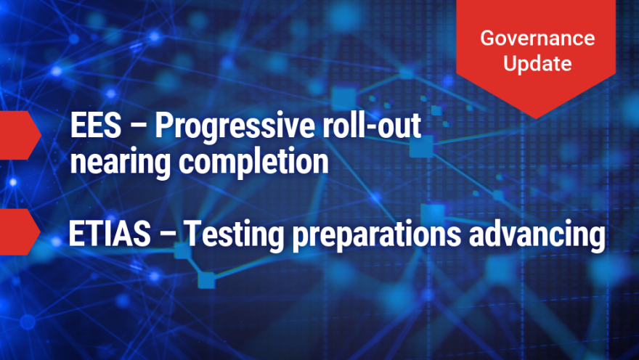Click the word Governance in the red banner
pyautogui.click(x=537, y=38)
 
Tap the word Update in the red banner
pyautogui.click(x=537, y=64)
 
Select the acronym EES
pyautogui.click(x=96, y=126)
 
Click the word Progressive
pyautogui.click(x=234, y=128)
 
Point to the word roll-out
pyautogui.click(x=372, y=125)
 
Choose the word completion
pyautogui.click(x=253, y=163)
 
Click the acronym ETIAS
pyautogui.click(x=110, y=234)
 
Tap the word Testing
pyautogui.click(x=234, y=235)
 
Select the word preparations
pyautogui.click(x=377, y=236)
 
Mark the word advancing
pyautogui.click(x=537, y=235)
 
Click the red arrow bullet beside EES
pyautogui.click(x=20, y=135)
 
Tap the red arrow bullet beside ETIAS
pyautogui.click(x=20, y=232)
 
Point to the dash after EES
pyautogui.click(x=138, y=127)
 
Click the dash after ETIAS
pyautogui.click(x=167, y=235)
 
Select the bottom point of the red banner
pyautogui.click(x=536, y=119)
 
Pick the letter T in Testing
pyautogui.click(x=192, y=234)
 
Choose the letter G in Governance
pyautogui.click(x=487, y=38)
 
